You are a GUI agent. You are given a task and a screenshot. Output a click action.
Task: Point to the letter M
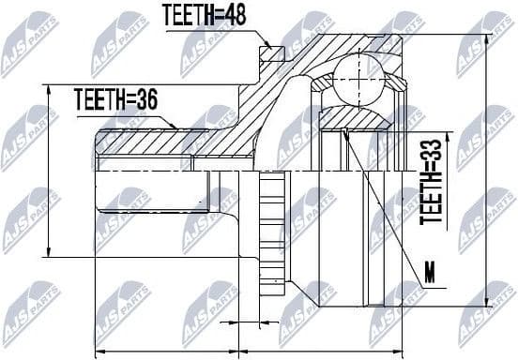tap(430, 273)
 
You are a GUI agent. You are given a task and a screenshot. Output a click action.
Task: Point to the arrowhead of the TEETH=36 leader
tap(175, 127)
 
